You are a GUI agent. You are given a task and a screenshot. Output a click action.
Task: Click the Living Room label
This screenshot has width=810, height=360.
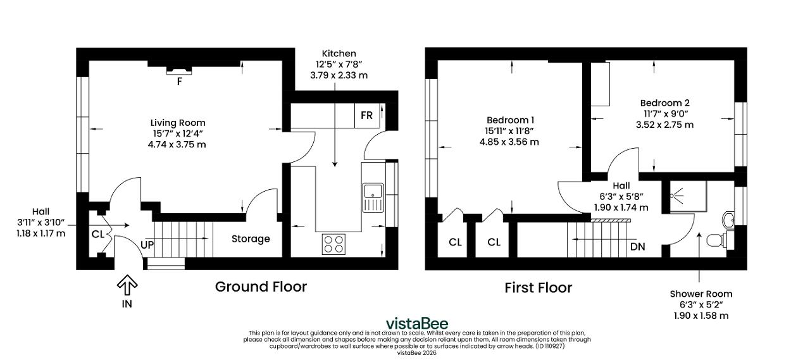(x=178, y=123)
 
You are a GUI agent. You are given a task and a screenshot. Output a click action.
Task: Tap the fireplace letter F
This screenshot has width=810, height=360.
(x=179, y=82)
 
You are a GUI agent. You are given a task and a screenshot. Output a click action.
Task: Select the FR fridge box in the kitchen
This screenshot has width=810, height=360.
(x=367, y=116)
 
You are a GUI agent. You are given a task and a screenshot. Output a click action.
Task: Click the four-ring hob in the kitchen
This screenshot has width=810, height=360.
(x=333, y=244)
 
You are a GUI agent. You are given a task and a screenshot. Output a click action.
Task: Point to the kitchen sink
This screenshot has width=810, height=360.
(x=373, y=197)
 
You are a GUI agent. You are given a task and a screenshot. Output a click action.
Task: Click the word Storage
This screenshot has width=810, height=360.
(x=251, y=239)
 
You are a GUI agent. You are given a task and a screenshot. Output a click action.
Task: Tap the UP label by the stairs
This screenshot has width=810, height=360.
(x=147, y=245)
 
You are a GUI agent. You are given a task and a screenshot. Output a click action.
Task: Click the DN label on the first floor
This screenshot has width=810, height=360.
(x=637, y=247)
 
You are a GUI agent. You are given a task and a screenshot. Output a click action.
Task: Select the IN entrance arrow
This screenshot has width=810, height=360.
(x=127, y=285)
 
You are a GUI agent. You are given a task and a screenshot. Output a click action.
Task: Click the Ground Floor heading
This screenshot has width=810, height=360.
(x=261, y=287)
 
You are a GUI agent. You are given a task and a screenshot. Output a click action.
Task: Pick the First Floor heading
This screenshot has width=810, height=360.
(x=538, y=288)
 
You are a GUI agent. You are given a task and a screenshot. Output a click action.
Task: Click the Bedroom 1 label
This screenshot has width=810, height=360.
(x=510, y=120)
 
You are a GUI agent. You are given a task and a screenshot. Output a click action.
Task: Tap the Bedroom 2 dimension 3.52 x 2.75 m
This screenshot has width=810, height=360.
(x=664, y=125)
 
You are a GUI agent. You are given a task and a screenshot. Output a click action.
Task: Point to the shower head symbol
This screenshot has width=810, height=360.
(x=676, y=195)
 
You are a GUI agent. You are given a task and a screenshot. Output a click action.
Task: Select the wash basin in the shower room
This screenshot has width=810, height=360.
(x=728, y=220)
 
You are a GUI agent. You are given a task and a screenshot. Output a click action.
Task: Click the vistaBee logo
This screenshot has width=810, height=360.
(x=417, y=323)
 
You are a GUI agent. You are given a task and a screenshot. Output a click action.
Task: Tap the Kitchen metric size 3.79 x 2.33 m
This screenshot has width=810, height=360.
(x=339, y=75)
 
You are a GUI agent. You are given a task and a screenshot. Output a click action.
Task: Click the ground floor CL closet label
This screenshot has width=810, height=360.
(x=97, y=235)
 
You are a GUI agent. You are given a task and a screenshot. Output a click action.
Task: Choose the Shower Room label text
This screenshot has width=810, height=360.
(x=701, y=294)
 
